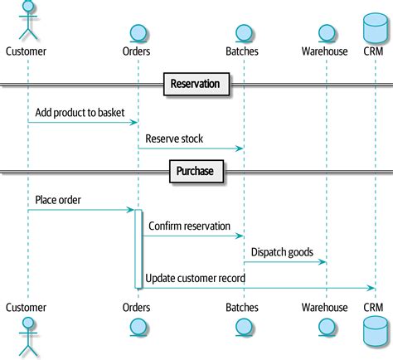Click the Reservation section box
click(196, 84)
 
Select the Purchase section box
click(196, 172)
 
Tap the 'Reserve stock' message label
click(174, 139)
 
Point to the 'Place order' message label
click(58, 200)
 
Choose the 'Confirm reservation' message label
click(192, 226)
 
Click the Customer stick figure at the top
click(27, 20)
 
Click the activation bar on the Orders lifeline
click(138, 249)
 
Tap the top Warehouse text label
click(325, 51)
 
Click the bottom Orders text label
click(137, 307)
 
